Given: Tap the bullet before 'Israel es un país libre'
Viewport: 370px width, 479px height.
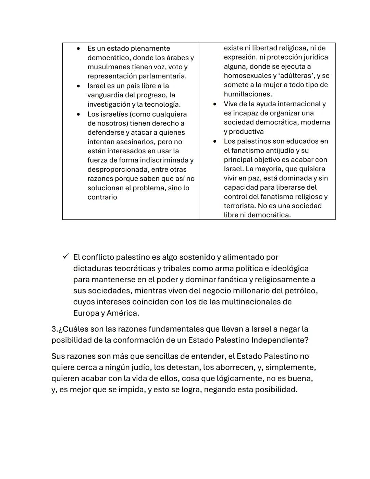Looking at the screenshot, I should (78, 86).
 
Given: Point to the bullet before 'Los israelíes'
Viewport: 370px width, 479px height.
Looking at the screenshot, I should (78, 114).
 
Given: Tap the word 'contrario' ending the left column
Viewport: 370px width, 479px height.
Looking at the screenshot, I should (102, 197).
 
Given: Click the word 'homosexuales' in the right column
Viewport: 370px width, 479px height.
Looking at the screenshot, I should (245, 76).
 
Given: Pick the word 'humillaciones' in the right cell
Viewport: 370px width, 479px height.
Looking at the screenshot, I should (248, 94).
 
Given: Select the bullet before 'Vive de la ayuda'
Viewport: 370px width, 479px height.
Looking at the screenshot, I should (215, 104).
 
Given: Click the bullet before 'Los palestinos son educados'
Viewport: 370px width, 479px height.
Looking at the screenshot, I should (215, 141).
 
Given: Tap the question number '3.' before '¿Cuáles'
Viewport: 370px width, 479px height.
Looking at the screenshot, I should (54, 329).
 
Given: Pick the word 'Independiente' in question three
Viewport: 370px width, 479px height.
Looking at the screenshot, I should (278, 340).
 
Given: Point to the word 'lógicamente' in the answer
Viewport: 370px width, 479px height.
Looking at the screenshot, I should (229, 379).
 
